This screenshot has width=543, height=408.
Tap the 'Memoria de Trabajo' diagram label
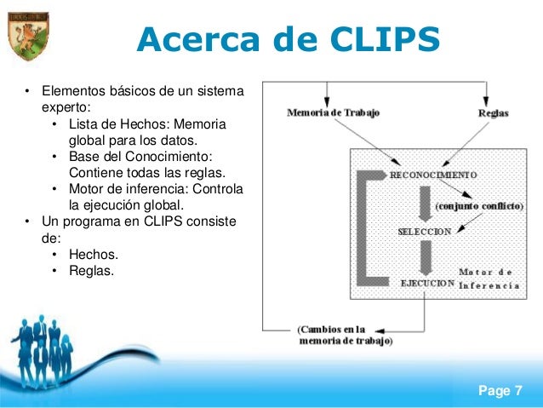click(333, 112)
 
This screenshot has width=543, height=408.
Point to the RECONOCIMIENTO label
click(433, 174)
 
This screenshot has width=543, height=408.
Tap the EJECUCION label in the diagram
click(427, 283)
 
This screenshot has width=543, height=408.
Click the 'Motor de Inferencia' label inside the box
click(489, 279)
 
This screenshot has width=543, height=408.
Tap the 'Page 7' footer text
click(500, 391)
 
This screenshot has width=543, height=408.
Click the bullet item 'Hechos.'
click(93, 255)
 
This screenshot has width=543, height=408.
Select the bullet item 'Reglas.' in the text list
click(93, 271)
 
